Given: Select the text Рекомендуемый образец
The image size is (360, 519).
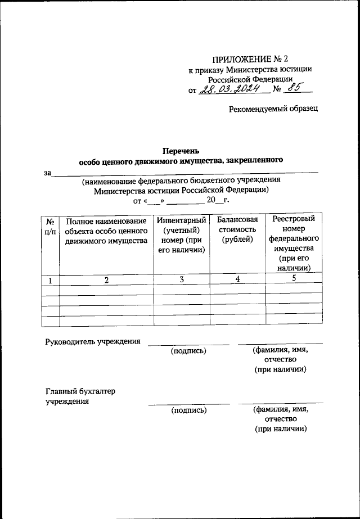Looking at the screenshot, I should (x=273, y=109).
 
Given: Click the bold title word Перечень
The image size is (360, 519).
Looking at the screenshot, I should (x=181, y=151).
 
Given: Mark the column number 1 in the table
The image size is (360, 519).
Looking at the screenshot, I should (x=50, y=280).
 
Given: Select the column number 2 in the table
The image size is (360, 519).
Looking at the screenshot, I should (x=106, y=280).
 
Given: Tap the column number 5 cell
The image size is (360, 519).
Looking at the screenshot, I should (x=292, y=279).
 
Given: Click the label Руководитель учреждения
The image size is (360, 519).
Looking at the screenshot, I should (x=92, y=341).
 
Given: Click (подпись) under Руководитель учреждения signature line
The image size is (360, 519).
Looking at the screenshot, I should (x=188, y=351).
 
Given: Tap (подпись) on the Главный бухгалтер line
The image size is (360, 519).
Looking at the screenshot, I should (x=188, y=410).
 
